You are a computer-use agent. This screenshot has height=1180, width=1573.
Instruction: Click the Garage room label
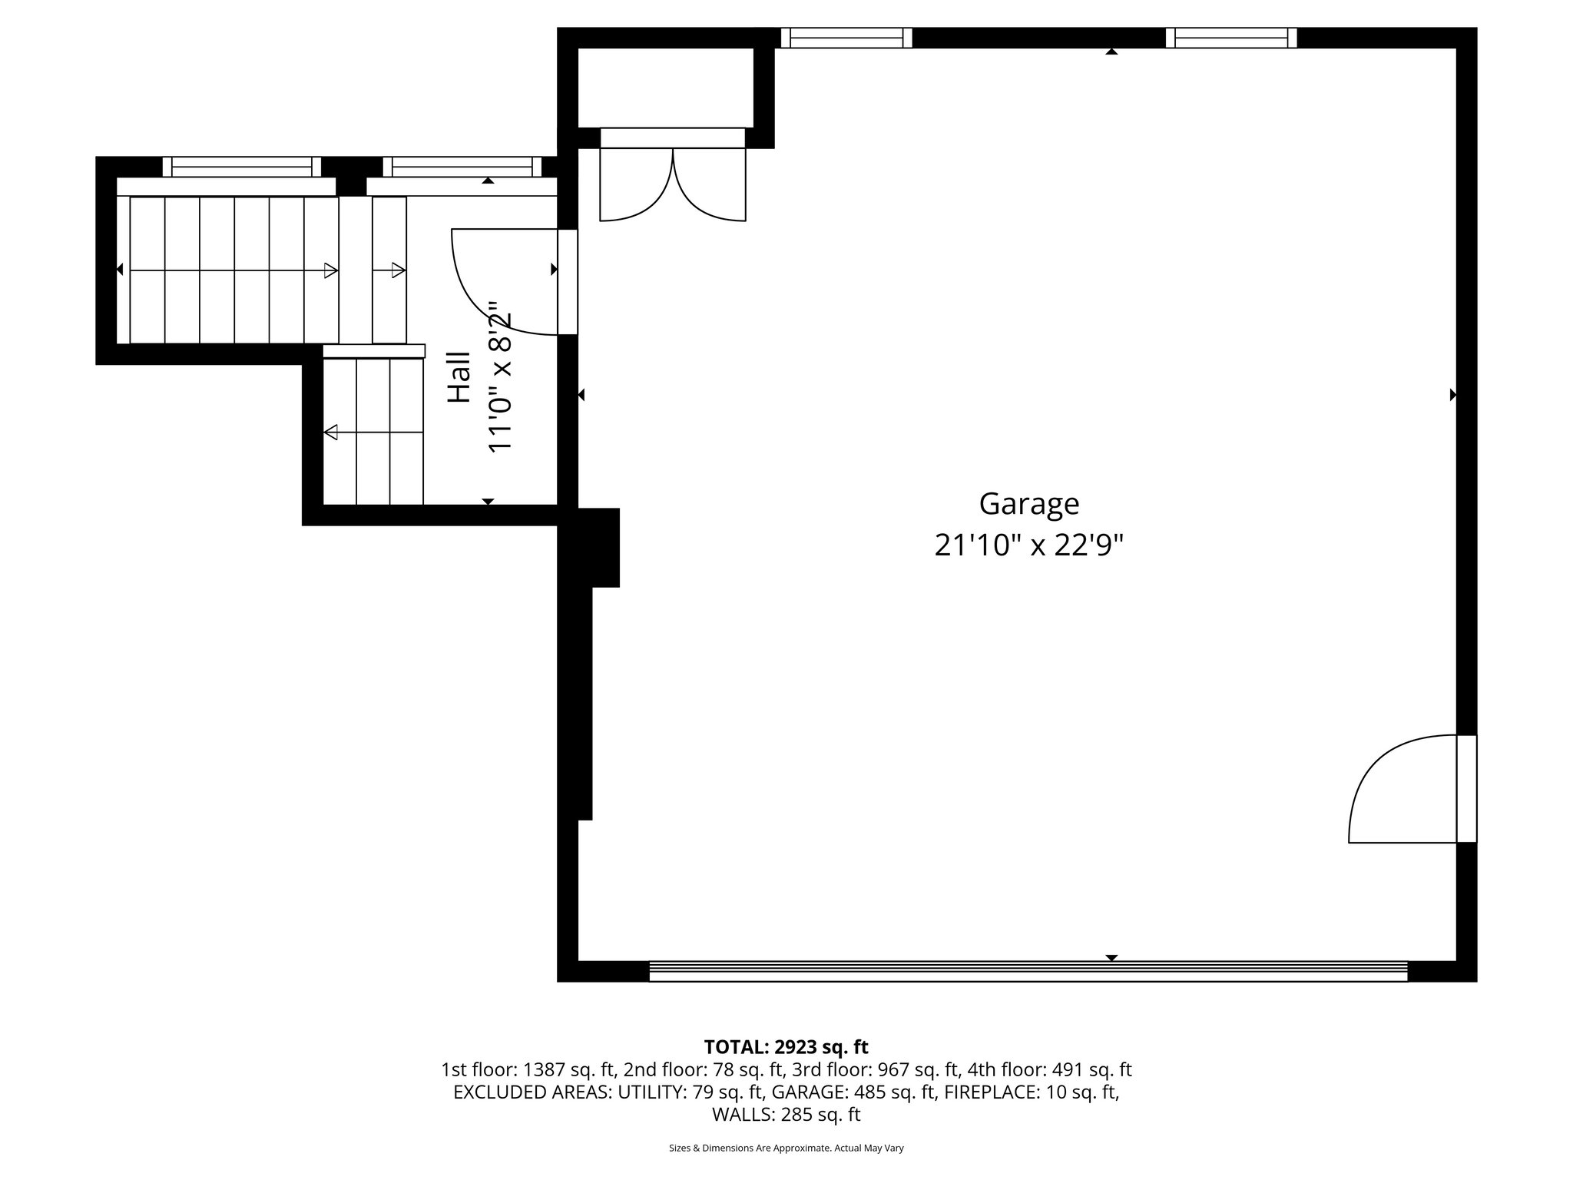(x=1028, y=504)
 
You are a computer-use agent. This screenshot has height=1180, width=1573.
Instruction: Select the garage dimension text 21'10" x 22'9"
(x=1028, y=546)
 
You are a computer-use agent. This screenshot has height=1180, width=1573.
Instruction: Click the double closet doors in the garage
(x=672, y=184)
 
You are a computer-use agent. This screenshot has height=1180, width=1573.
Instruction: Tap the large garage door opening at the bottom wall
(x=1028, y=971)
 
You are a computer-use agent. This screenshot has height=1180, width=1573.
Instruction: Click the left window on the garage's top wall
(x=846, y=38)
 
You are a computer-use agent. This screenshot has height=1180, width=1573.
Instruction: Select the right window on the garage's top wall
(x=1230, y=38)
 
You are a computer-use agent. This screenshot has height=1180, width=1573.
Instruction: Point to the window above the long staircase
(x=241, y=166)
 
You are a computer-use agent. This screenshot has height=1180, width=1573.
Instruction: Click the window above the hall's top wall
(x=462, y=166)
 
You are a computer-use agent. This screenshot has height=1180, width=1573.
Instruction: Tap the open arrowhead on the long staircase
(x=330, y=270)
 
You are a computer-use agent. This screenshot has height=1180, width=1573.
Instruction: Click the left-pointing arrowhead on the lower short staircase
(x=331, y=433)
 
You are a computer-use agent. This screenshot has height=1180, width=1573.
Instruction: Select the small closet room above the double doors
(x=665, y=87)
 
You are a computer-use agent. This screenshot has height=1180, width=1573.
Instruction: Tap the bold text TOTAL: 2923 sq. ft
(x=786, y=1047)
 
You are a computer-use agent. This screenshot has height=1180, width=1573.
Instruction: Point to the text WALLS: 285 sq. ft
(x=786, y=1114)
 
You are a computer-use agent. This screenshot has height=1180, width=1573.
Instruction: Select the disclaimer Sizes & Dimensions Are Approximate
(x=786, y=1148)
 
